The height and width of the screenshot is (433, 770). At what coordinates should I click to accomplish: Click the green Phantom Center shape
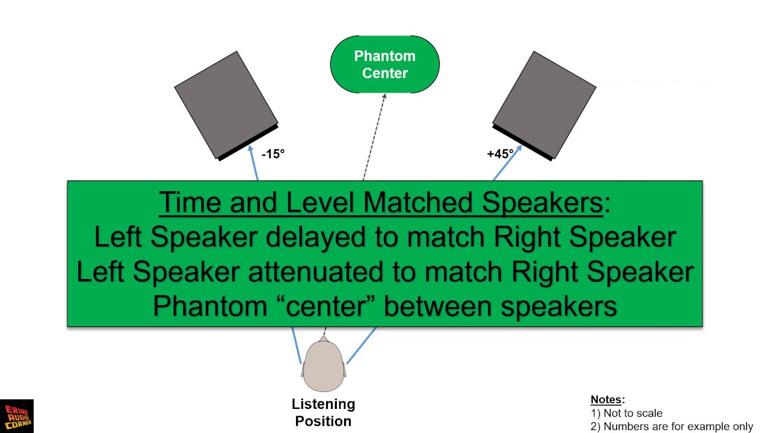click(x=385, y=64)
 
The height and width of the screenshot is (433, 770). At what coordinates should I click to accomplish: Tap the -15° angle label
click(x=273, y=154)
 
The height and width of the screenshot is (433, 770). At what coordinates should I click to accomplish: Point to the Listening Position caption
click(x=324, y=413)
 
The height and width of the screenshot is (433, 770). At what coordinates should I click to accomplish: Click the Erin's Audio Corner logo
click(x=16, y=416)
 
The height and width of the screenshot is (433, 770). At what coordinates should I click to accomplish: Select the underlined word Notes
click(x=606, y=400)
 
